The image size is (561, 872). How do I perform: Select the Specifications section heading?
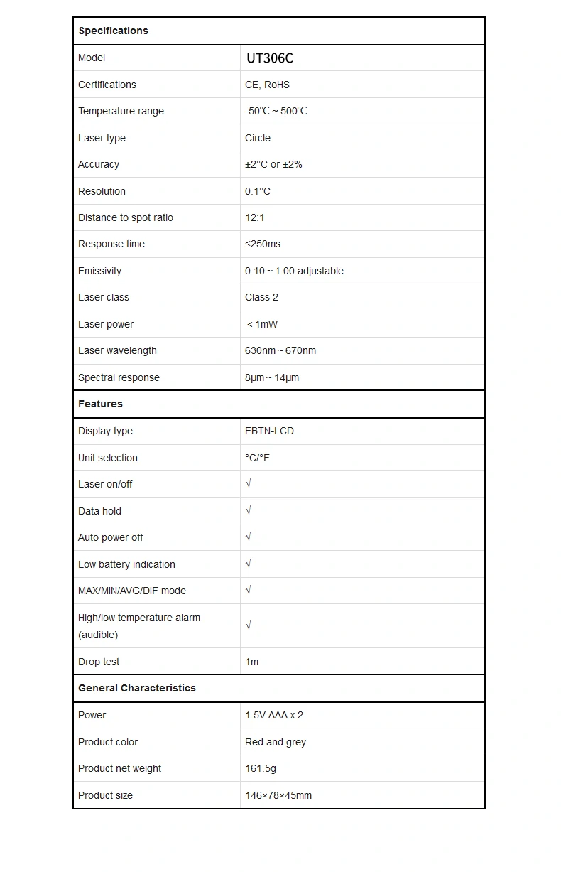click(x=113, y=31)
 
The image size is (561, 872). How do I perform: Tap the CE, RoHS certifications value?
click(x=267, y=85)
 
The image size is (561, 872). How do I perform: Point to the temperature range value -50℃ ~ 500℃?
click(x=276, y=111)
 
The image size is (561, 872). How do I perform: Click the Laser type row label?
click(x=102, y=138)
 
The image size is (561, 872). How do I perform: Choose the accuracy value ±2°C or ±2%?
click(x=273, y=164)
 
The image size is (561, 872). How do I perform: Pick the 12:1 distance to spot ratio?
click(x=255, y=217)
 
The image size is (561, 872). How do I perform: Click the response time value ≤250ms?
click(x=263, y=244)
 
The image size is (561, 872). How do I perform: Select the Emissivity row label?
click(x=99, y=271)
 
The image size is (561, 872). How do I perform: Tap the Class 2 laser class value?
click(x=261, y=297)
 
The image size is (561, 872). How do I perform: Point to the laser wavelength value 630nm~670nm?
click(x=280, y=350)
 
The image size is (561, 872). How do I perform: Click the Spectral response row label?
click(x=119, y=377)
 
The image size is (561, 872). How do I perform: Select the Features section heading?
click(x=100, y=404)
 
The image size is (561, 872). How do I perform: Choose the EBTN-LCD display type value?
click(x=269, y=431)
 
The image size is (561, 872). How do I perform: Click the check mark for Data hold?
click(x=249, y=511)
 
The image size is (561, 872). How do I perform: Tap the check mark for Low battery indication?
click(x=249, y=564)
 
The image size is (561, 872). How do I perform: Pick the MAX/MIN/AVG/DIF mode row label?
click(x=131, y=591)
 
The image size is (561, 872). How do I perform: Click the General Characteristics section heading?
click(x=136, y=688)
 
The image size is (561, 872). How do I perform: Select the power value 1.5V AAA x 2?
click(x=274, y=715)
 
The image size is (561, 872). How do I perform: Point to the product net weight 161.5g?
click(x=261, y=768)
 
